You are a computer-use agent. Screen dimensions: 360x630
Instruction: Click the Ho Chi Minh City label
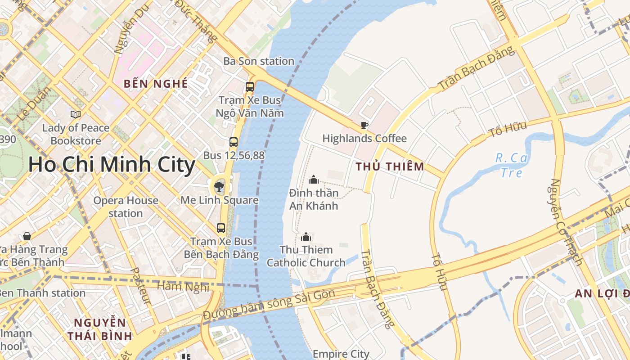(112, 165)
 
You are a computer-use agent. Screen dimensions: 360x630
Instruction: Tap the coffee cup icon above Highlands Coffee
(364, 125)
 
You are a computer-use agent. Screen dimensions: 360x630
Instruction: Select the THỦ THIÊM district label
(390, 166)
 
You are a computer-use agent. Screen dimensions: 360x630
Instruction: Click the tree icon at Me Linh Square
(219, 186)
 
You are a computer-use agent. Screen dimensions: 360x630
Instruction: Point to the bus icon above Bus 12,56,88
(233, 142)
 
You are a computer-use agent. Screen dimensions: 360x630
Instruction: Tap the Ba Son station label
(259, 61)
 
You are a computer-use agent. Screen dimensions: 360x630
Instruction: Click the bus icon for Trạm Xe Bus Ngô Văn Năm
(250, 87)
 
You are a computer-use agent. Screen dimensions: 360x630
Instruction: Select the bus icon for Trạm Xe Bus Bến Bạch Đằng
(221, 228)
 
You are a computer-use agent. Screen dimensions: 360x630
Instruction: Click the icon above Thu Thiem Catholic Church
(306, 236)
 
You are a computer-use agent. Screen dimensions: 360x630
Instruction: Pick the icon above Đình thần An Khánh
(314, 180)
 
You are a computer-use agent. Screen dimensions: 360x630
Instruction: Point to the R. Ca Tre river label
(511, 165)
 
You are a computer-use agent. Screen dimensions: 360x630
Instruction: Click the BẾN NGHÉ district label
(156, 84)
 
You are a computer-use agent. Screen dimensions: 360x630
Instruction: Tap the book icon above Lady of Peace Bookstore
(76, 115)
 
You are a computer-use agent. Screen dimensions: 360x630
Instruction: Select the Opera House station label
(126, 207)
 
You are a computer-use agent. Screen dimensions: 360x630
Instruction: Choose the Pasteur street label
(140, 286)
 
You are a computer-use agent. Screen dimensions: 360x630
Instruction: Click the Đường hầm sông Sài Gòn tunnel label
(269, 305)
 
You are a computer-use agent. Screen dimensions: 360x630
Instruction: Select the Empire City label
(341, 354)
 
